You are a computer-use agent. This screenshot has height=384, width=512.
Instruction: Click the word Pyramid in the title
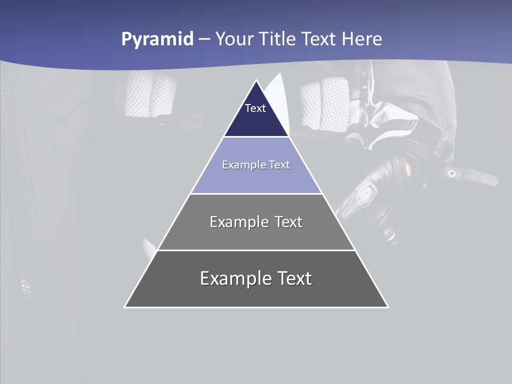157,39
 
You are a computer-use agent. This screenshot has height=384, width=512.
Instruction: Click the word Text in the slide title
319,39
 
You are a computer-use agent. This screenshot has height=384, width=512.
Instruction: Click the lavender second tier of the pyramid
256,179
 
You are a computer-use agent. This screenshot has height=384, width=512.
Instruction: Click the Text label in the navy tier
255,108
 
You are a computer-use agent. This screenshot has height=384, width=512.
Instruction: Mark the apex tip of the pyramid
256,81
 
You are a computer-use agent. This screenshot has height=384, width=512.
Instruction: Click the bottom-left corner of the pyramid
125,307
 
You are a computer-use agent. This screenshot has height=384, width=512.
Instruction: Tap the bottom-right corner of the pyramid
387,307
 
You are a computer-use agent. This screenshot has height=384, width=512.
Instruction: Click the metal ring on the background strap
452,173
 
